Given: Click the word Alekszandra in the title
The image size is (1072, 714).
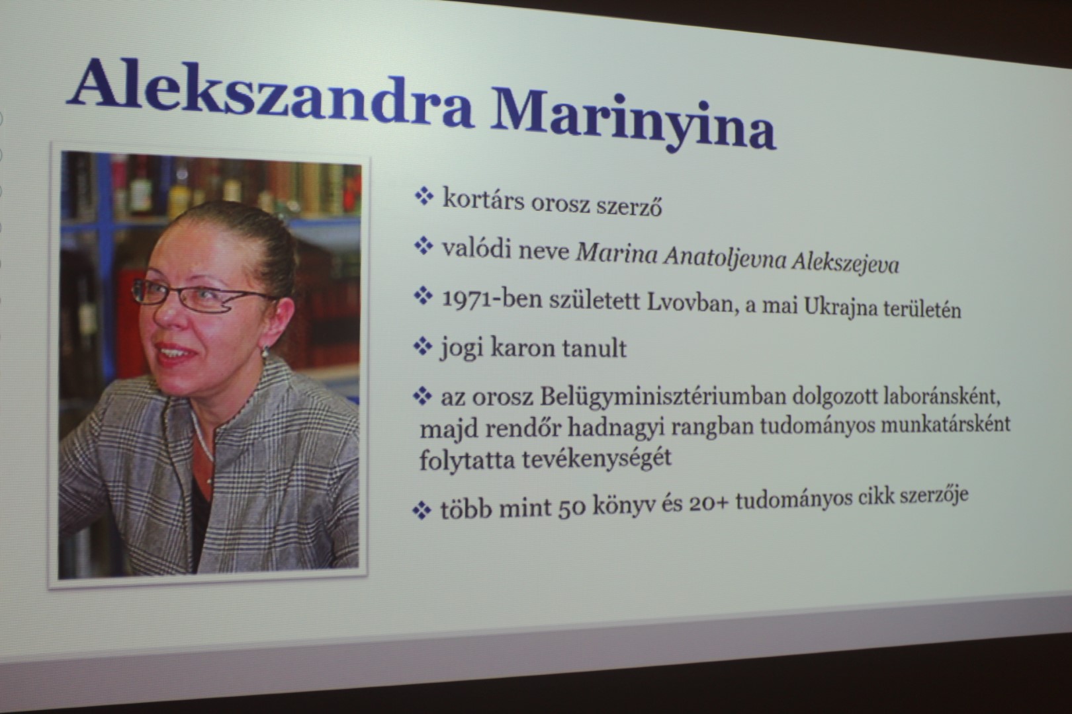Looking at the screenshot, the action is pyautogui.click(x=271, y=94).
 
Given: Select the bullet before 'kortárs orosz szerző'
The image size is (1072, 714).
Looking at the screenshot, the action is pyautogui.click(x=424, y=196).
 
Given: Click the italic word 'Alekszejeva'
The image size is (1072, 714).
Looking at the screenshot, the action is pyautogui.click(x=845, y=264).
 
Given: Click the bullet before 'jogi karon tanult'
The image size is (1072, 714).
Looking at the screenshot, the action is pyautogui.click(x=422, y=346).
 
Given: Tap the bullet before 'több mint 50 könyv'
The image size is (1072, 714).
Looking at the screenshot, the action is pyautogui.click(x=421, y=511).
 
